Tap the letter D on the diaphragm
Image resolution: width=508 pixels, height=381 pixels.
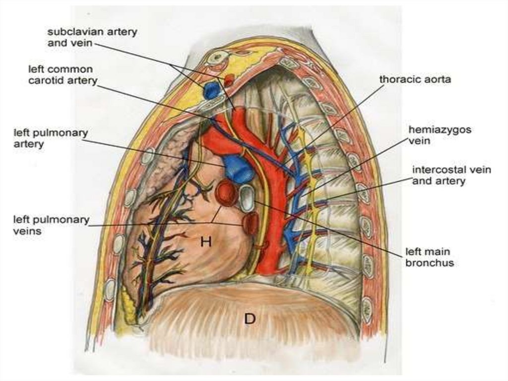[249, 318]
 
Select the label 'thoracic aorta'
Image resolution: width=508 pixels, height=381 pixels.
[415, 79]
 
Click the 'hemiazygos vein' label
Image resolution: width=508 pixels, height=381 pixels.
[440, 135]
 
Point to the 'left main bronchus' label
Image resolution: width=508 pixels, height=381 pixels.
[430, 257]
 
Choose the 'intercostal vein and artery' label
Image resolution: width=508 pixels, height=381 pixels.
[451, 175]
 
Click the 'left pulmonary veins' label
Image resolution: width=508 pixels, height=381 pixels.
[52, 225]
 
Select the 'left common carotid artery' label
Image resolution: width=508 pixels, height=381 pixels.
[63, 75]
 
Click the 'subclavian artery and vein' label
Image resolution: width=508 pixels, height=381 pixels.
[92, 37]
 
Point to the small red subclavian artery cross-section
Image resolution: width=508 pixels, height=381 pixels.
[229, 79]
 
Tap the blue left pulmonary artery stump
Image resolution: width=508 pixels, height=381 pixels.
[238, 167]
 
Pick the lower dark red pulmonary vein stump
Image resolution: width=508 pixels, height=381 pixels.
[251, 223]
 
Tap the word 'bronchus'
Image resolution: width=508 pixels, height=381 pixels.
[430, 263]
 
